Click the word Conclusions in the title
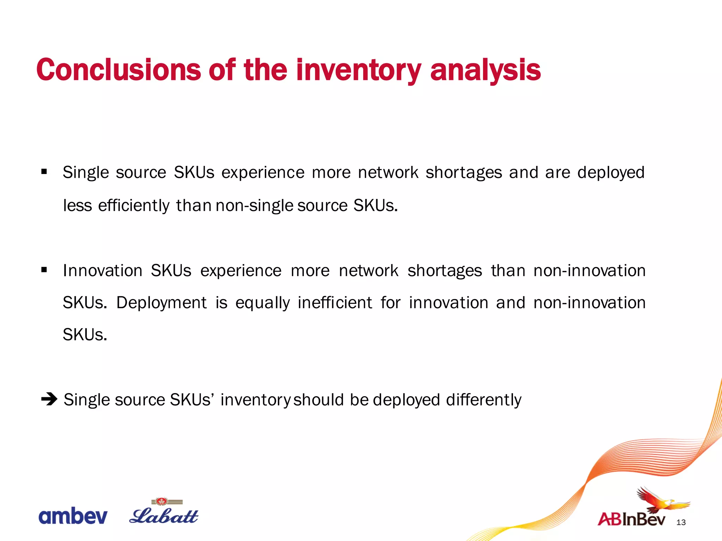(118, 70)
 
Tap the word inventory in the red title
(358, 70)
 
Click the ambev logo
(73, 516)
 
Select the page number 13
(681, 522)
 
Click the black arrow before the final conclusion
(49, 399)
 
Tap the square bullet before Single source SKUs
(44, 172)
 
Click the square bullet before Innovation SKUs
(44, 270)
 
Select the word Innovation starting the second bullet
(102, 270)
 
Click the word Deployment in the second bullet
(161, 303)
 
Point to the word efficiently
(134, 205)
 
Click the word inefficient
(335, 303)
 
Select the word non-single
(254, 205)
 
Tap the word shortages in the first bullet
(464, 173)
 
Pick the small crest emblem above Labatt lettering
(162, 501)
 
